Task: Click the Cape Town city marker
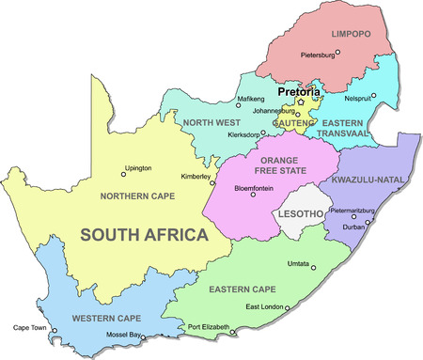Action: (55, 330)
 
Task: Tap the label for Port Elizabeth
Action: (207, 327)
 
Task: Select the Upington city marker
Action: (123, 173)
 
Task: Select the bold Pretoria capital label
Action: (299, 92)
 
